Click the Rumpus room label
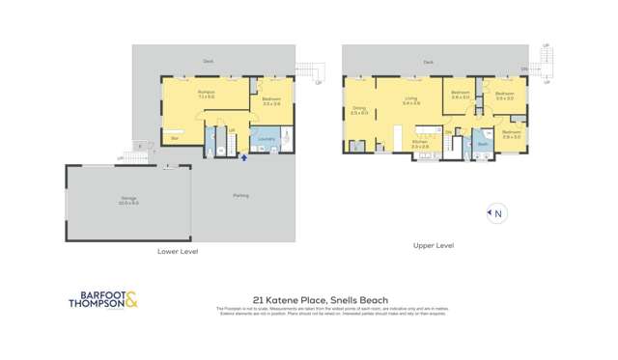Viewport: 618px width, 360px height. pos(206,92)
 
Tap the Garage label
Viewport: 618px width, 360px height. pos(128,201)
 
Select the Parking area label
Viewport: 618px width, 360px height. pos(240,195)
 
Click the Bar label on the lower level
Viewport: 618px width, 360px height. pos(175,139)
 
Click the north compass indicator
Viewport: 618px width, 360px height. pos(496,213)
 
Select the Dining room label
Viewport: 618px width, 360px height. pos(359,110)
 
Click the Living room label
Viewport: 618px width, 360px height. pos(411,98)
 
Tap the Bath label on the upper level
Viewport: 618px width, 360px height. pos(482,144)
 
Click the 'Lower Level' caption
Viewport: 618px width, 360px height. pos(178,251)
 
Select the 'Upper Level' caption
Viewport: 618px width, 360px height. pos(434,245)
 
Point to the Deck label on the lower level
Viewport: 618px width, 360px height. pos(208,61)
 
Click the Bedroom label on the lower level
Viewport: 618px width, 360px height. pos(271,99)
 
